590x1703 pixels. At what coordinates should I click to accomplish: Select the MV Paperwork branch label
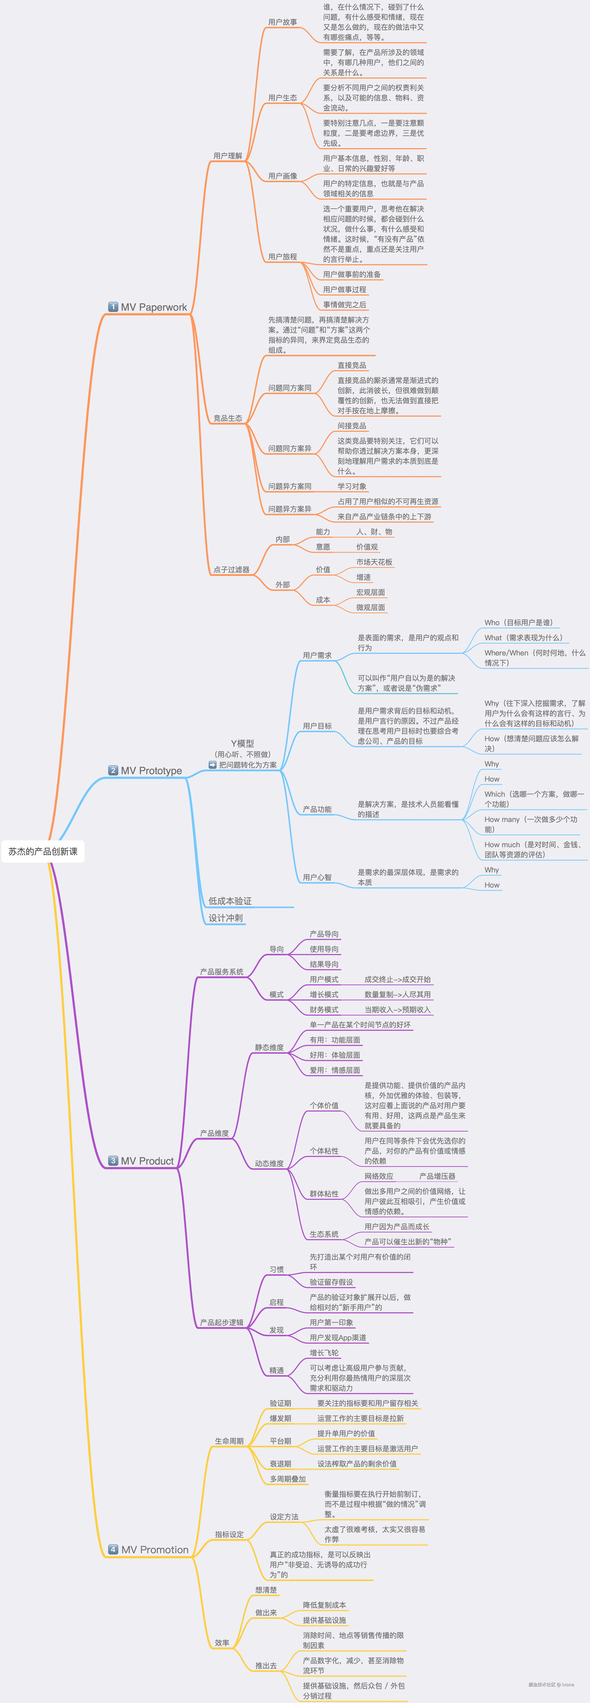(x=153, y=307)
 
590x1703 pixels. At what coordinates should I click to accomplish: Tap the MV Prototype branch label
(x=151, y=771)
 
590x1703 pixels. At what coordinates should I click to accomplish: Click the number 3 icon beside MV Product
(x=113, y=1161)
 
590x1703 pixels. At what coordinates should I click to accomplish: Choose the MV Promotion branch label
(x=154, y=1550)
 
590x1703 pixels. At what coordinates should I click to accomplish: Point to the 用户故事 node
(x=282, y=23)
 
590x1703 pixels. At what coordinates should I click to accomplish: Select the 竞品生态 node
(x=228, y=418)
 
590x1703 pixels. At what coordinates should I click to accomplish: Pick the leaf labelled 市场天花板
(x=374, y=562)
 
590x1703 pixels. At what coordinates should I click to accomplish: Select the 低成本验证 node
(x=230, y=901)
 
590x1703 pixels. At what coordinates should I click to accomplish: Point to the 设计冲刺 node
(x=226, y=918)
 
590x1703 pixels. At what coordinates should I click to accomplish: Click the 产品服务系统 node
(x=222, y=972)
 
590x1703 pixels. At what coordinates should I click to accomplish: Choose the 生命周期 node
(x=229, y=1441)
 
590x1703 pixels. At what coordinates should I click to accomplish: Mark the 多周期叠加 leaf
(x=288, y=1479)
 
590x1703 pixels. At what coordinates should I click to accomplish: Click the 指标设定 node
(x=229, y=1535)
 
